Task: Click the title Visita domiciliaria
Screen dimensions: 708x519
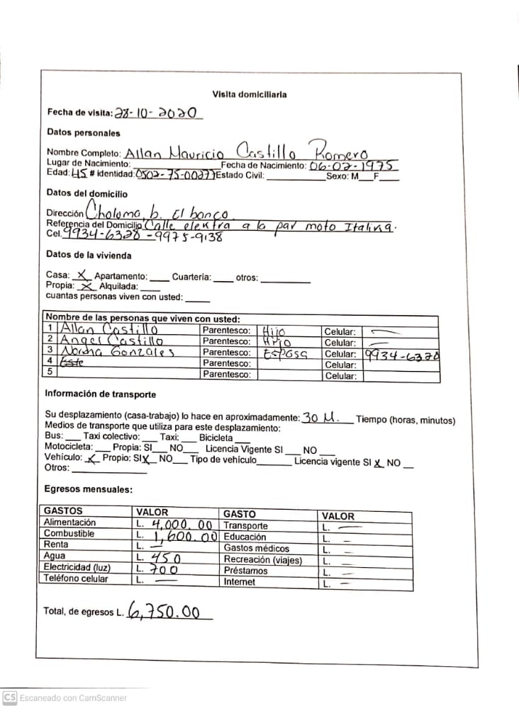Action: click(x=250, y=94)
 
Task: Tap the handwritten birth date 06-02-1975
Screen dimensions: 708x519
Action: click(x=352, y=166)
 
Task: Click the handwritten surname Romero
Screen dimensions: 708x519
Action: click(x=339, y=151)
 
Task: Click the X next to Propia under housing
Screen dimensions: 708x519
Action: click(x=86, y=287)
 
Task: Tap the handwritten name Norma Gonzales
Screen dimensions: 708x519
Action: click(x=117, y=353)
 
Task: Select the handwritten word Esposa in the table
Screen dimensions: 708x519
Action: click(x=283, y=354)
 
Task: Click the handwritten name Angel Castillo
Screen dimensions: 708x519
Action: click(x=112, y=341)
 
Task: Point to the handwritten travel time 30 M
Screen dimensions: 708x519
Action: click(x=320, y=418)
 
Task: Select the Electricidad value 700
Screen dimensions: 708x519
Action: click(x=164, y=569)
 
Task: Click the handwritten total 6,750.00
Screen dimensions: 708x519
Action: click(x=168, y=612)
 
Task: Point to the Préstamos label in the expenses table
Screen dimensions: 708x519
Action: click(x=245, y=571)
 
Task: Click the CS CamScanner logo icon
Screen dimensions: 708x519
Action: click(x=10, y=697)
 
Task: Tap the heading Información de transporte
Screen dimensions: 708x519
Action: click(x=101, y=394)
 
